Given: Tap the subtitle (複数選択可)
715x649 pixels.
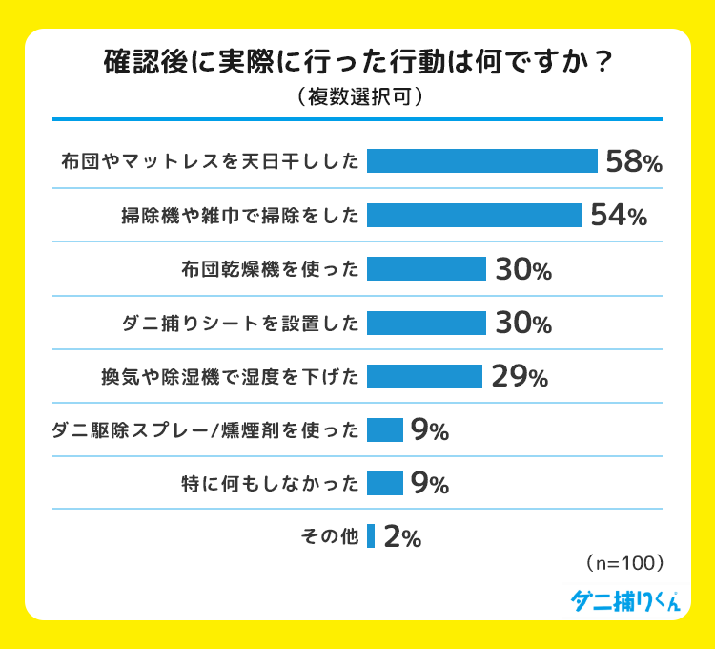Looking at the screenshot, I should click(357, 97).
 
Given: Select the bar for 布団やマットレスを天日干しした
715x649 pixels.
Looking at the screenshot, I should click(481, 161).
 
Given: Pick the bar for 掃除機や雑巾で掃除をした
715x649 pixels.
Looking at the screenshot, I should click(474, 216).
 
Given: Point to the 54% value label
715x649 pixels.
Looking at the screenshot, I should click(618, 216).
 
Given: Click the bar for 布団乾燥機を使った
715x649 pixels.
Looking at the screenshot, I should click(426, 269).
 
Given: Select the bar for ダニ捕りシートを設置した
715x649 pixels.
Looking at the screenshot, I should click(426, 324).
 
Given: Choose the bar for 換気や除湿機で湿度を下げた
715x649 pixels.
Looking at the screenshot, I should click(424, 377).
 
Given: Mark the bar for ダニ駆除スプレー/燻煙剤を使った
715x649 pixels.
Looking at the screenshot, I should click(385, 430).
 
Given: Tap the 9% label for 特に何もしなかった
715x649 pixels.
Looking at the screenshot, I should click(429, 484).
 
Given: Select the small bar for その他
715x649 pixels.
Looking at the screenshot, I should click(371, 537).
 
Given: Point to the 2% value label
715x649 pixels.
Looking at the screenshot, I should click(401, 538).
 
